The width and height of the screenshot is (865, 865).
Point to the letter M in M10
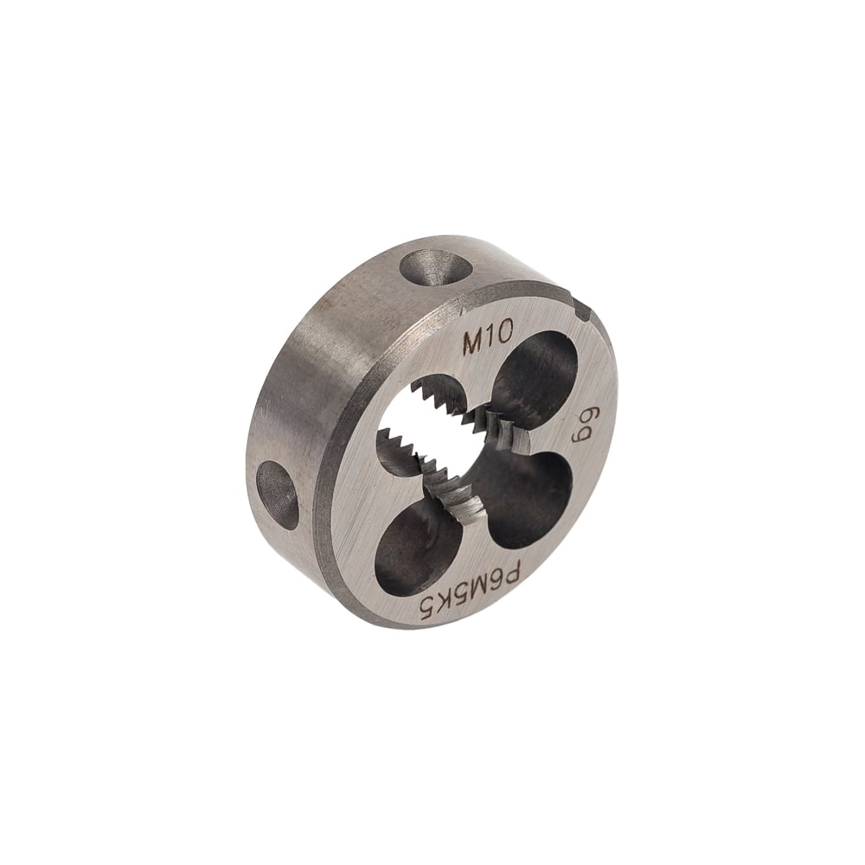474,345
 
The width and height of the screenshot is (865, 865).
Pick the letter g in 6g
580,433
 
